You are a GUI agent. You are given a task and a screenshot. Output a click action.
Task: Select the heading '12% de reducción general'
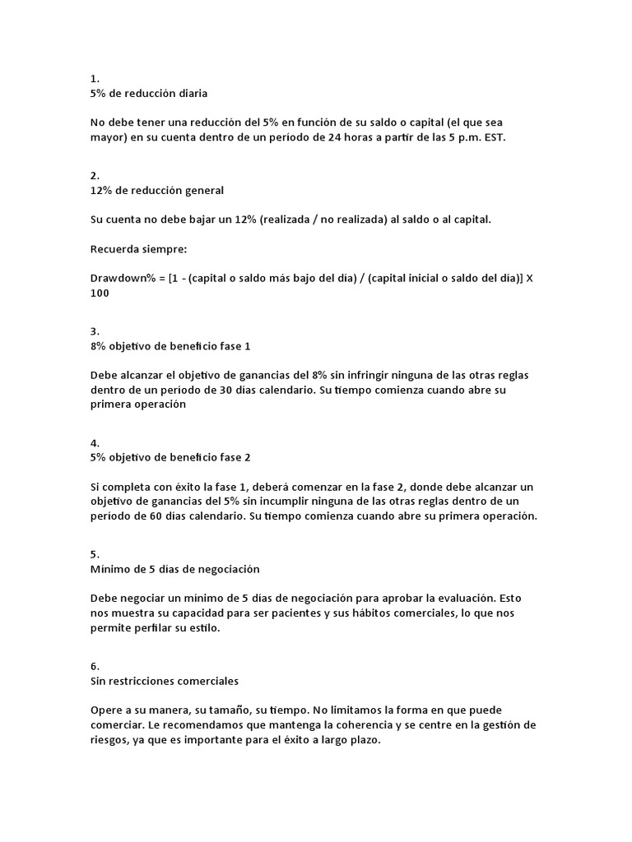tap(156, 190)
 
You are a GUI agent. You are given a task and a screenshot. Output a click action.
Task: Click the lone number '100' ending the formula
tap(100, 293)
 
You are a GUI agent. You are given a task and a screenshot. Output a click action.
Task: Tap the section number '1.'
tap(95, 79)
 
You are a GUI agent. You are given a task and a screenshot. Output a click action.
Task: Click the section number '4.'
tap(95, 442)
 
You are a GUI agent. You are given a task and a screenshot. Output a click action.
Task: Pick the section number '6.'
tap(95, 666)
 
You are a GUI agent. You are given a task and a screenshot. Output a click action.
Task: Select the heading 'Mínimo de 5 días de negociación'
tap(174, 569)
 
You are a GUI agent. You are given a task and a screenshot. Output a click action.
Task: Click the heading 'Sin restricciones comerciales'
tap(165, 681)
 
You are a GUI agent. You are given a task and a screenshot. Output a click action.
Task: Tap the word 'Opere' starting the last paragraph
tap(107, 710)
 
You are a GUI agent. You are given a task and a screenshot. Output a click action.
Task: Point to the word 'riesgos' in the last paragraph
tap(110, 739)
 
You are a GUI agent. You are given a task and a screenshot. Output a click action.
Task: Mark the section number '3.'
tap(95, 331)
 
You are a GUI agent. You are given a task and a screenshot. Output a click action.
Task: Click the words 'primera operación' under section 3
tap(138, 405)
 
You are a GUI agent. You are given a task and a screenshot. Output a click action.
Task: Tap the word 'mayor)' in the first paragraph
tap(109, 138)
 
